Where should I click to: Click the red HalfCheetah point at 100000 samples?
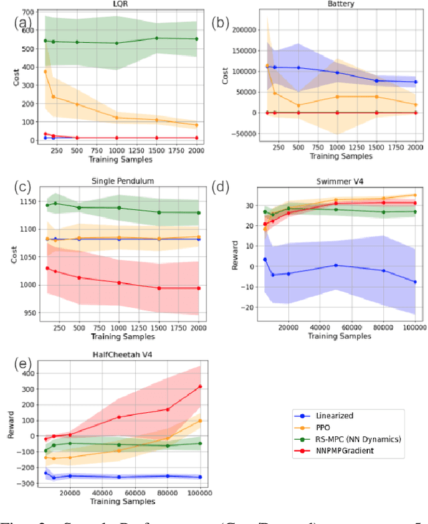coord(200,386)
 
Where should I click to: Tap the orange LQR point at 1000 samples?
coord(116,118)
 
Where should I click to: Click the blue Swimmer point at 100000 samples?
coord(415,282)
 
